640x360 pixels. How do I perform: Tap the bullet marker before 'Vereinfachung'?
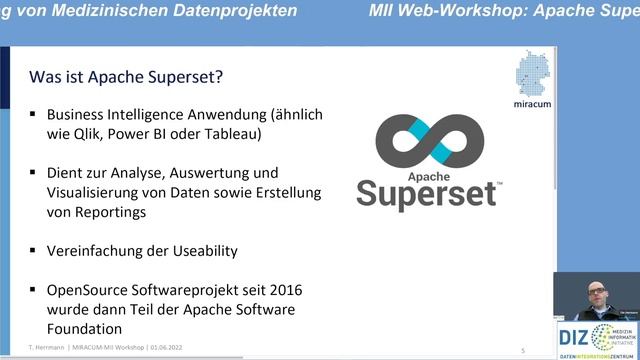(34, 250)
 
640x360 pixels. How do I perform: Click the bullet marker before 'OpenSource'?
(34, 290)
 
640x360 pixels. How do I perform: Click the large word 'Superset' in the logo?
(428, 190)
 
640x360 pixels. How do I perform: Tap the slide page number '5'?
(523, 350)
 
